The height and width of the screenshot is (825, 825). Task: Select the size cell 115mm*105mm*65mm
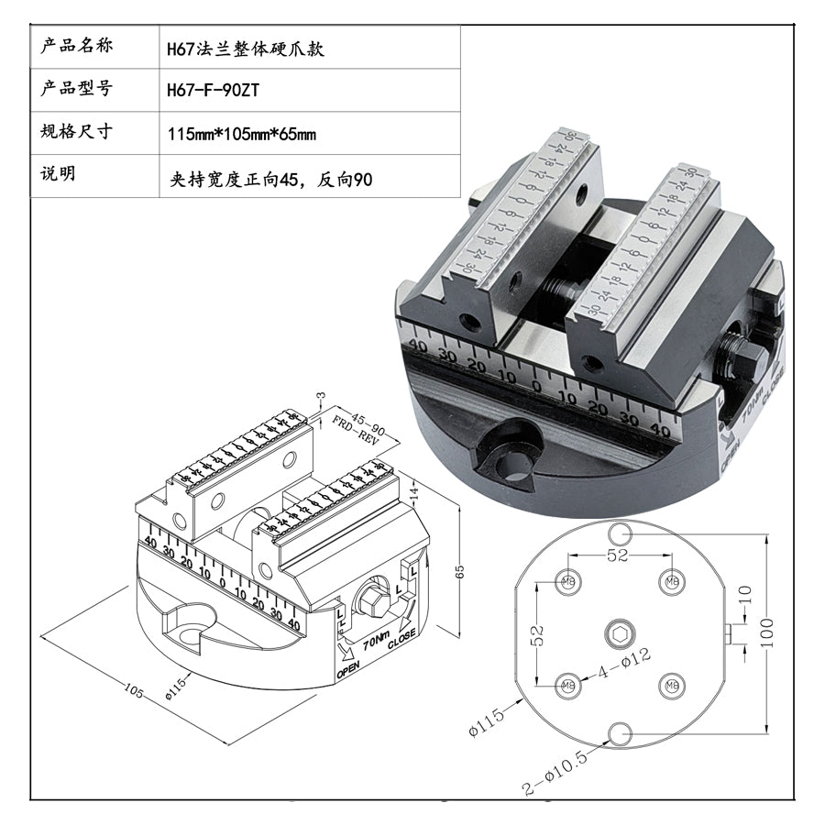242,134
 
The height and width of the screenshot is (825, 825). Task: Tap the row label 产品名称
78,47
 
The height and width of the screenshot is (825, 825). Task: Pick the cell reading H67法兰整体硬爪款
246,49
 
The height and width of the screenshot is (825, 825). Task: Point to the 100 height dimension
768,632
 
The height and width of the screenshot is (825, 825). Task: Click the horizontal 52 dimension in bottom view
618,555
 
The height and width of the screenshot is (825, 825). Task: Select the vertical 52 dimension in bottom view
538,632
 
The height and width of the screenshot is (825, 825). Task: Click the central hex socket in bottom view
620,632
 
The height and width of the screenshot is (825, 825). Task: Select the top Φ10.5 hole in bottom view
620,533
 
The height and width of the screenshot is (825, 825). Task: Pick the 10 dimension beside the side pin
744,592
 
